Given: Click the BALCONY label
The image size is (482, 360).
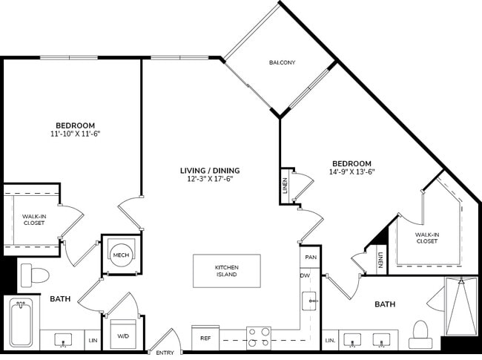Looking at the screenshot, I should tap(282, 62).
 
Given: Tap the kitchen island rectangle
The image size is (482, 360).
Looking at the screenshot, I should tap(227, 271).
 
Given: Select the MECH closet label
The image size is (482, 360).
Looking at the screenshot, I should tap(120, 255).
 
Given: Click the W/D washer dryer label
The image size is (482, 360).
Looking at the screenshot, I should tap(122, 336).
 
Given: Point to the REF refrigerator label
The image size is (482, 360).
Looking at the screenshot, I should tap(206, 338).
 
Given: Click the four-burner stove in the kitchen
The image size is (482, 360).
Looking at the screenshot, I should tap(258, 338).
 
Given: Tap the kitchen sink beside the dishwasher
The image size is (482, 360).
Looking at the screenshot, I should tap(309, 301).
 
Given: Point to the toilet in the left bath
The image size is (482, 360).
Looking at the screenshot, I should tap(34, 275).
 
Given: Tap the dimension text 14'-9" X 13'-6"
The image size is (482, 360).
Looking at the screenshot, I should tap(351, 173).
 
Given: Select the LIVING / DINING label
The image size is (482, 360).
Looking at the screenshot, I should tap(210, 170).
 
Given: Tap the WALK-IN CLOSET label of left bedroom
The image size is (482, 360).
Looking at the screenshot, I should tap(33, 220).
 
